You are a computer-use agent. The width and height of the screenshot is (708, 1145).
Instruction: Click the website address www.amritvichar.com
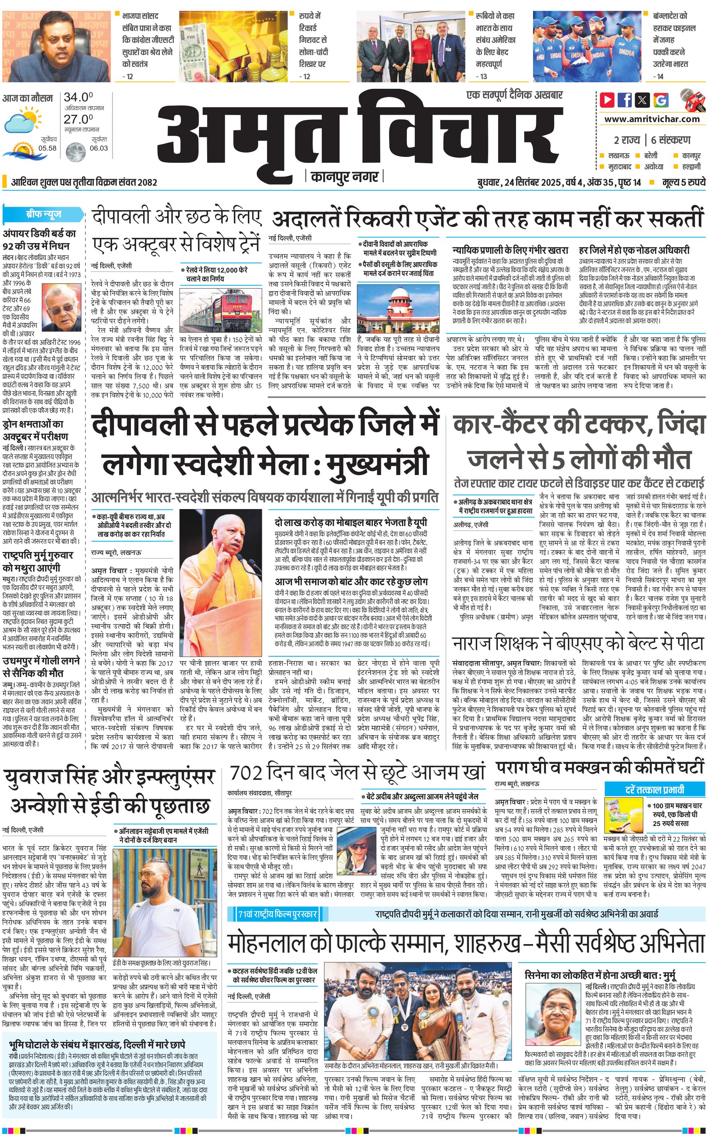click(651, 119)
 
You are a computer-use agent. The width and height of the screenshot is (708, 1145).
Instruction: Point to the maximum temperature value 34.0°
click(78, 97)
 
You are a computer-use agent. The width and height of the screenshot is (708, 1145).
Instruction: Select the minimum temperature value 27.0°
click(78, 119)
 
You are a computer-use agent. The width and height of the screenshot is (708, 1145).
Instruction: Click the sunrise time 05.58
click(47, 148)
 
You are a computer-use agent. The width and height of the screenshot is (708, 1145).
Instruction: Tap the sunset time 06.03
click(98, 148)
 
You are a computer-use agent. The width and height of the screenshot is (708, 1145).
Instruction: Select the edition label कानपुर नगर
click(344, 177)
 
